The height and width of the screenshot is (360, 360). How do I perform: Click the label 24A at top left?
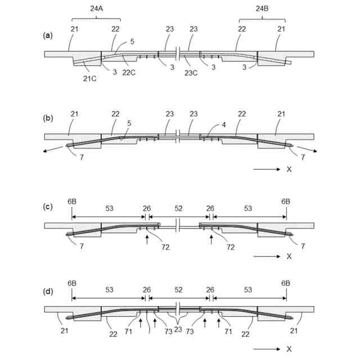click(x=97, y=8)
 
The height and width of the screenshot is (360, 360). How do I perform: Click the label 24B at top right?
click(x=262, y=8)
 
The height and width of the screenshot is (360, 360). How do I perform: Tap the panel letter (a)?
click(x=48, y=35)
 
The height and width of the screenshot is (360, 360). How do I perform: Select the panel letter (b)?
click(x=48, y=118)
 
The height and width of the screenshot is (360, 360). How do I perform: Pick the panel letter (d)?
click(x=48, y=291)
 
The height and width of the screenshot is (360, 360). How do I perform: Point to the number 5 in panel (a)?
click(x=131, y=41)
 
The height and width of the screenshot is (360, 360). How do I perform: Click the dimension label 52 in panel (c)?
click(x=178, y=209)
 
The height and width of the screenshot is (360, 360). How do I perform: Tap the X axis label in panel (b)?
click(x=289, y=168)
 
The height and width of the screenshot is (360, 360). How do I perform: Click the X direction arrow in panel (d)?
click(x=266, y=349)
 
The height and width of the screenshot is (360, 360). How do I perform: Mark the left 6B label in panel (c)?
click(x=72, y=200)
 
